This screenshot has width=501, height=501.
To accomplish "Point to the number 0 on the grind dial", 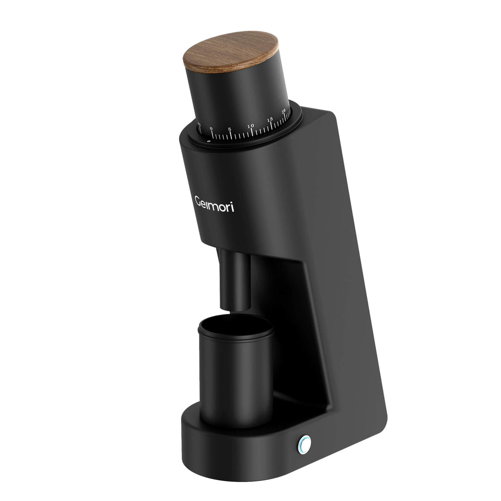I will (211, 129).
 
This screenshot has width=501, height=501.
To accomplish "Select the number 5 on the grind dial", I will (229, 129).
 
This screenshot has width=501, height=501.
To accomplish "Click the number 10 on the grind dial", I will (250, 126).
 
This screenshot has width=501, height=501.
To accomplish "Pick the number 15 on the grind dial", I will (270, 119).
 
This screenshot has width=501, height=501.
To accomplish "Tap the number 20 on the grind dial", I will (284, 112).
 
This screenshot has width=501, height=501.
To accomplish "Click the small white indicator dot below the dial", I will (209, 141).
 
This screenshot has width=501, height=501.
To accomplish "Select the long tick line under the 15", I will (272, 126).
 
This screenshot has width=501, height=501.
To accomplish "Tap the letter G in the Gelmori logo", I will (199, 202).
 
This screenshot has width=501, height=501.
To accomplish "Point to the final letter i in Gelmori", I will (232, 207).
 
